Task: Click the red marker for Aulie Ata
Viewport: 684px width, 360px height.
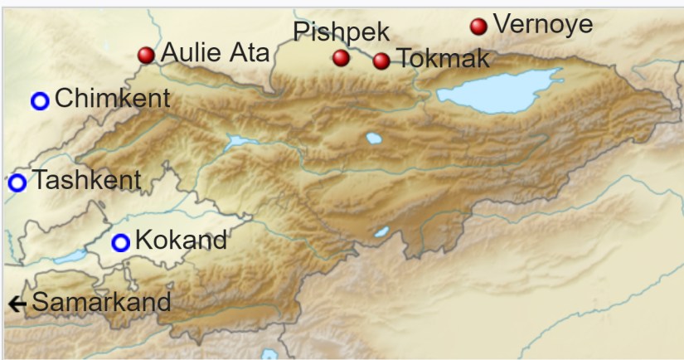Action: pos(146,56)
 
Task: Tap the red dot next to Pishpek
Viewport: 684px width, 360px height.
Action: pos(341,58)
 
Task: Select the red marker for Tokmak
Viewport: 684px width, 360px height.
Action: pos(381,61)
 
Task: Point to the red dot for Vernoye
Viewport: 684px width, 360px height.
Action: pos(478,27)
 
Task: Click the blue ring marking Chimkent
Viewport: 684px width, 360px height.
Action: pos(40,101)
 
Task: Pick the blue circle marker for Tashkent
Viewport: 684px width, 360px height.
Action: pos(17,182)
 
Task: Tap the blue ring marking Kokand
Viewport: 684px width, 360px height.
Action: pos(121,243)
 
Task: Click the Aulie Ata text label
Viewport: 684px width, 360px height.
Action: pos(215,53)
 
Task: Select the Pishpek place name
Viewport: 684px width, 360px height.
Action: pos(341,32)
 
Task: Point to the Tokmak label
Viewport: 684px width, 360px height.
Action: pos(443,59)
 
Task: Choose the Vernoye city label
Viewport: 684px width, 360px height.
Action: pos(543,24)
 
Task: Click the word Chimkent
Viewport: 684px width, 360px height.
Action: pos(112,100)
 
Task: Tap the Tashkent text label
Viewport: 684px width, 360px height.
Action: pos(86,180)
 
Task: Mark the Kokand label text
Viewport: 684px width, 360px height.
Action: pos(180,241)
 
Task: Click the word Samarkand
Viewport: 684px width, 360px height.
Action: pos(101,303)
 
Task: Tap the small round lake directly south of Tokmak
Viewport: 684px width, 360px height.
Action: pos(374,139)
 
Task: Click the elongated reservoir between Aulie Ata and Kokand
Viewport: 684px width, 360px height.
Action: pos(240,143)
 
